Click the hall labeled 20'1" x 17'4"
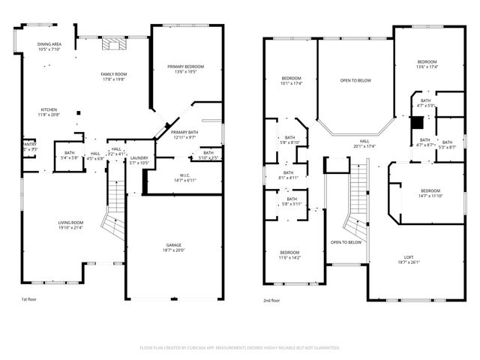point(364,143)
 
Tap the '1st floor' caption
point(29,299)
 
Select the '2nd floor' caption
point(271,299)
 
